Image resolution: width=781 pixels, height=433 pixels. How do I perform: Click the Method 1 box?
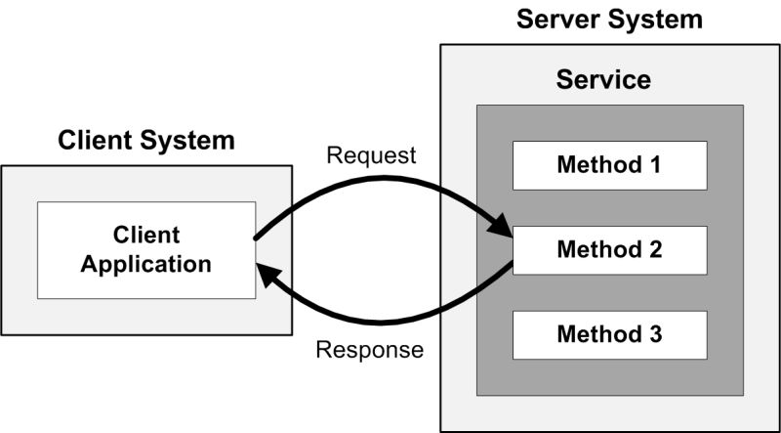(609, 165)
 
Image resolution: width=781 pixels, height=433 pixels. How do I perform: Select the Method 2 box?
(609, 249)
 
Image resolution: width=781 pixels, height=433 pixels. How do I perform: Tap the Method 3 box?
(609, 334)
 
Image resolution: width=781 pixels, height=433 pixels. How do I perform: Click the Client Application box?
(146, 249)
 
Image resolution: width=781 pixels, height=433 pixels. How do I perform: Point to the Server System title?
(609, 19)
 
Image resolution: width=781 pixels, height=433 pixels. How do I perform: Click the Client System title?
(146, 140)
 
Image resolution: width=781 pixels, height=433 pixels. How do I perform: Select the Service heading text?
(603, 79)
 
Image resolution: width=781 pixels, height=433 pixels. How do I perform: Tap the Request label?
(371, 155)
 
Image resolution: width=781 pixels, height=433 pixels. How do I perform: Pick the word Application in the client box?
(146, 263)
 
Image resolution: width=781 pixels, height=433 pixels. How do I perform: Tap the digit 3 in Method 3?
(655, 334)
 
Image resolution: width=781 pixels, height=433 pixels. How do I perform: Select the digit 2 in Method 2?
(655, 249)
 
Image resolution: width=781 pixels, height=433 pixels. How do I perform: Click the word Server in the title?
(560, 19)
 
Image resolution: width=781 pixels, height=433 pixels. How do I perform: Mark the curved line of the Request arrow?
(381, 182)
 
